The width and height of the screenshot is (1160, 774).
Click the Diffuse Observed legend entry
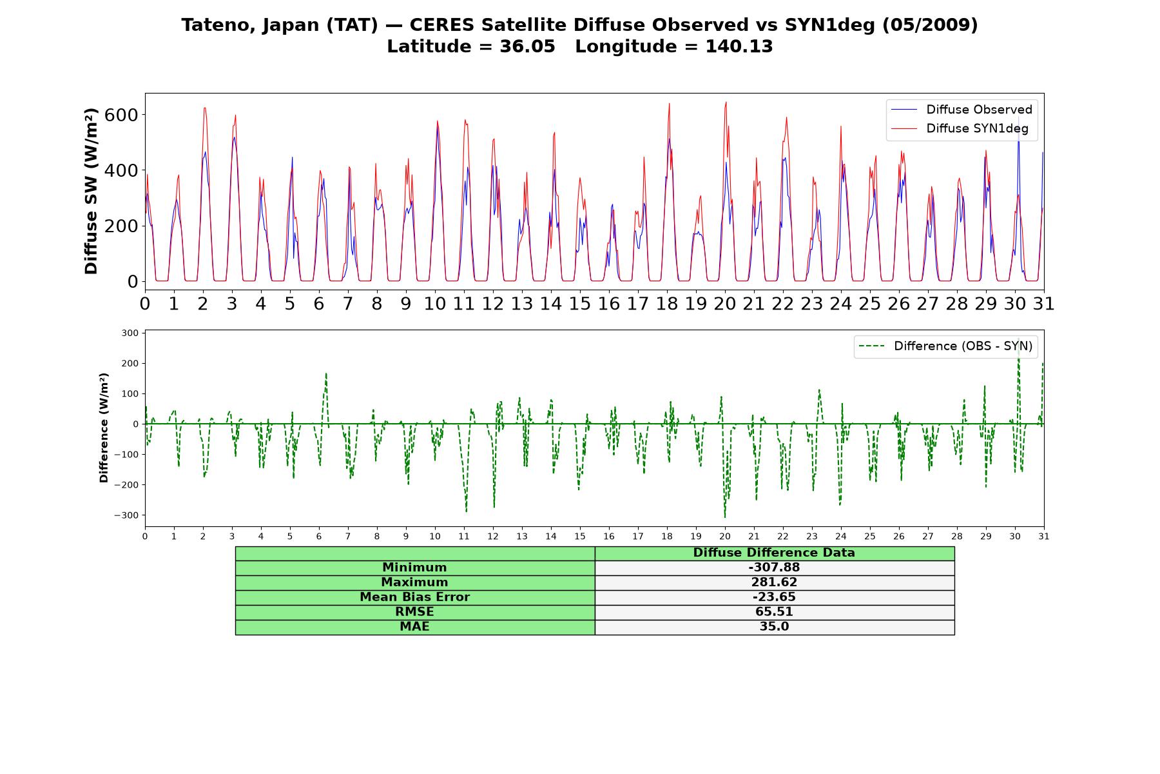(962, 110)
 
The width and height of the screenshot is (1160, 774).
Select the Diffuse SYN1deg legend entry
(960, 128)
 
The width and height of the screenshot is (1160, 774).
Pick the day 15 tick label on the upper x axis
(579, 304)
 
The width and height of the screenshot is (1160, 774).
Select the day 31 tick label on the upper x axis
(1043, 304)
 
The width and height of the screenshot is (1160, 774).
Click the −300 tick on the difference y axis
(126, 515)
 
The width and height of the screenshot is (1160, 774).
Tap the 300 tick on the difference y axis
(130, 333)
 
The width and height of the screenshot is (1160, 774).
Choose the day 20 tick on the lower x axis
(725, 537)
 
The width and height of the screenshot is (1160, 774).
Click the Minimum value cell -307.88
(774, 568)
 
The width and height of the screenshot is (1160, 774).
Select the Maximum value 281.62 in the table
(774, 582)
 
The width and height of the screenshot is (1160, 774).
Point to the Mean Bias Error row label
(414, 597)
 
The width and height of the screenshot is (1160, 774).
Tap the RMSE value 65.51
(774, 612)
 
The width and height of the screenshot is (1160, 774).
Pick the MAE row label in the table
(414, 627)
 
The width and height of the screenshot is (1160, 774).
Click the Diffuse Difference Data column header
(774, 553)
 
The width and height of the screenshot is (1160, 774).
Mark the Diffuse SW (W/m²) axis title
(91, 192)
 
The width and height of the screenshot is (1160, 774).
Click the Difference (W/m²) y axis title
(104, 428)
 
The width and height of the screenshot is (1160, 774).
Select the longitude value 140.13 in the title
(739, 46)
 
